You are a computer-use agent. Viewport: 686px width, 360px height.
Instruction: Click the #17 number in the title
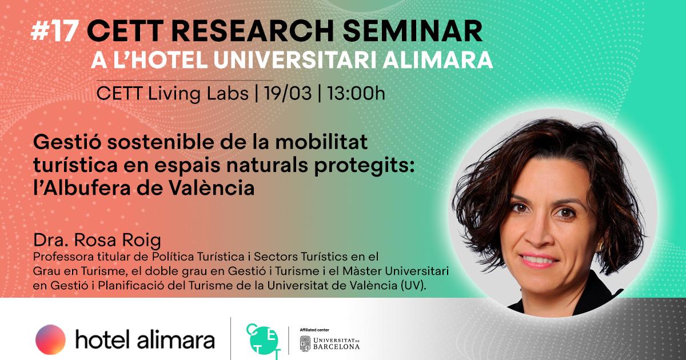tap(54, 32)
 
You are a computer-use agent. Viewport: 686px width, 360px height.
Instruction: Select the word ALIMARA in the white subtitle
tap(438, 60)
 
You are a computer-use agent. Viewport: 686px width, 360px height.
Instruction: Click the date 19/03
tap(288, 93)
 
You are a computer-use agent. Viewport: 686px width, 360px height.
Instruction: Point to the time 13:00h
tap(356, 93)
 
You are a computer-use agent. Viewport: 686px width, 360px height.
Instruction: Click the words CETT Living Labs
tap(173, 93)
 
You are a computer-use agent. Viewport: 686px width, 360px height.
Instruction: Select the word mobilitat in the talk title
tap(321, 142)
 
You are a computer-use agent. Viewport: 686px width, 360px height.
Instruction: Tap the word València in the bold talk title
tap(212, 187)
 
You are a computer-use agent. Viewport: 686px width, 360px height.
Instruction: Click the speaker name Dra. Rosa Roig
tap(97, 240)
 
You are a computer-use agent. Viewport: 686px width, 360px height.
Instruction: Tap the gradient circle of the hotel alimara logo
tap(50, 339)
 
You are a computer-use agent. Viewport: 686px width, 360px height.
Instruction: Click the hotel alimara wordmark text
tap(145, 339)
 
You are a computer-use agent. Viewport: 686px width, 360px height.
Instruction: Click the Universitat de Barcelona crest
tap(305, 343)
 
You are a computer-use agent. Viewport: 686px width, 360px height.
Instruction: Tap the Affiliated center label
tap(314, 330)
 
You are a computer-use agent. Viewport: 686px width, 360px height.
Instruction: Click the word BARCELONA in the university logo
tap(336, 347)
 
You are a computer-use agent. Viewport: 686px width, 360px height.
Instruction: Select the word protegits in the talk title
tap(365, 165)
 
